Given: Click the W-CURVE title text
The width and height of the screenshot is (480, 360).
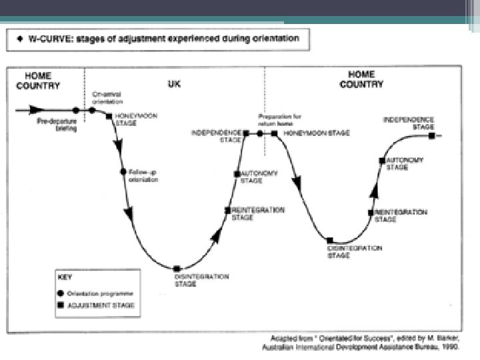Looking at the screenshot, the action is pyautogui.click(x=163, y=39).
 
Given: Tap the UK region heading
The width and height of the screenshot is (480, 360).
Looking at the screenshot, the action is pyautogui.click(x=173, y=85).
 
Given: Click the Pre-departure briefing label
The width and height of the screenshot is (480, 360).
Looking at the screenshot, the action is pyautogui.click(x=57, y=125).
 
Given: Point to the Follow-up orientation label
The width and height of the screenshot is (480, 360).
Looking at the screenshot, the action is pyautogui.click(x=143, y=175).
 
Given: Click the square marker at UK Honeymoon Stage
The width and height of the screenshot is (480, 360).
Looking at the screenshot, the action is pyautogui.click(x=109, y=116).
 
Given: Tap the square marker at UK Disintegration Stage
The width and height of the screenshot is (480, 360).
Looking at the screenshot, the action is pyautogui.click(x=176, y=269).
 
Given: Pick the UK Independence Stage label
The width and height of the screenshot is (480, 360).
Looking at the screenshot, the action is pyautogui.click(x=217, y=135).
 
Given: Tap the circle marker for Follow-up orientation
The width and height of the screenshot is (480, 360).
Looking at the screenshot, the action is pyautogui.click(x=123, y=171).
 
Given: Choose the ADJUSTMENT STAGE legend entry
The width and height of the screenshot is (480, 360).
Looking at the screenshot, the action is pyautogui.click(x=99, y=305).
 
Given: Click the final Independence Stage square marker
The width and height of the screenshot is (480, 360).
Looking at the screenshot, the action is pyautogui.click(x=432, y=136).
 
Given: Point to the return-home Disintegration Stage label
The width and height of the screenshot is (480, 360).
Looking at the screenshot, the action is pyautogui.click(x=355, y=251).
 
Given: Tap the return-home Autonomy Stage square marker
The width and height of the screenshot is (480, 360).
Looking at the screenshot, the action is pyautogui.click(x=381, y=160).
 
